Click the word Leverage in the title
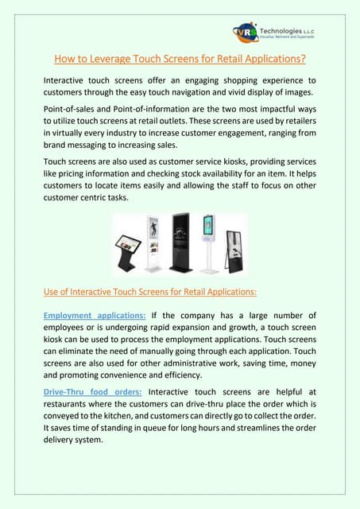point(119,59)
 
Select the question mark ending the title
point(305,59)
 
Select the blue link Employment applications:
point(95,316)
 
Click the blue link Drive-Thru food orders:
point(92,391)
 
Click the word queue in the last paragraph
point(148,429)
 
